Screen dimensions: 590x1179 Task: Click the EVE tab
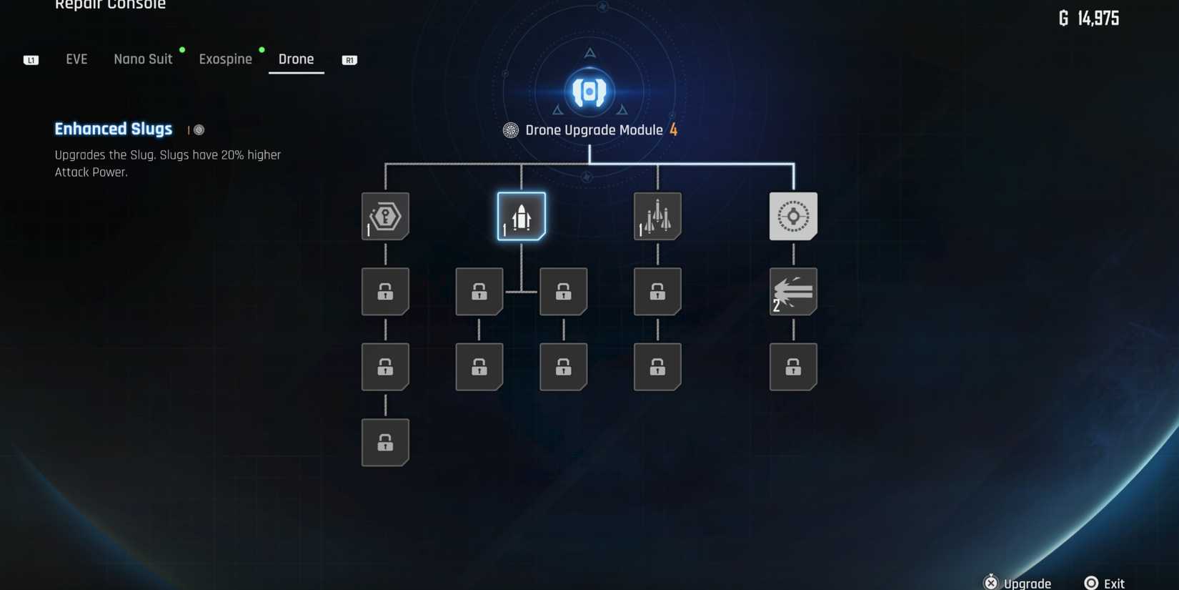(x=76, y=59)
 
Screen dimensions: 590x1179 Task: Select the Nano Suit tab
(x=143, y=59)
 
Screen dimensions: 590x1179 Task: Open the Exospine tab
(x=225, y=59)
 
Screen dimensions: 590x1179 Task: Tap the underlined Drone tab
(x=296, y=59)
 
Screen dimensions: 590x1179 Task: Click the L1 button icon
(x=31, y=60)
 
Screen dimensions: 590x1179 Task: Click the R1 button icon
(x=349, y=60)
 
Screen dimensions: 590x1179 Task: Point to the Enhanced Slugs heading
(x=114, y=129)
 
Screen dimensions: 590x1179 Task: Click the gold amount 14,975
(x=1098, y=19)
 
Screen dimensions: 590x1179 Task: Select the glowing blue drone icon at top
(x=589, y=92)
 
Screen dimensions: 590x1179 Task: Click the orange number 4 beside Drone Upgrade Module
(x=673, y=130)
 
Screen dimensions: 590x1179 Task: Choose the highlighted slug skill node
(x=521, y=216)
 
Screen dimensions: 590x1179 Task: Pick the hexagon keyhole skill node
(x=385, y=216)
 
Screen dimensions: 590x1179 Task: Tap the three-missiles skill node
(x=657, y=216)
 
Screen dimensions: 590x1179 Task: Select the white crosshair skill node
(x=793, y=216)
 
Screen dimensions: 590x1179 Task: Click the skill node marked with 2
(x=793, y=292)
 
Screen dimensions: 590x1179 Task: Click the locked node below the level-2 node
(x=793, y=368)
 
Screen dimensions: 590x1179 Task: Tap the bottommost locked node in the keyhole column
(x=385, y=443)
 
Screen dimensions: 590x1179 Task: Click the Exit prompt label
(x=1113, y=584)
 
